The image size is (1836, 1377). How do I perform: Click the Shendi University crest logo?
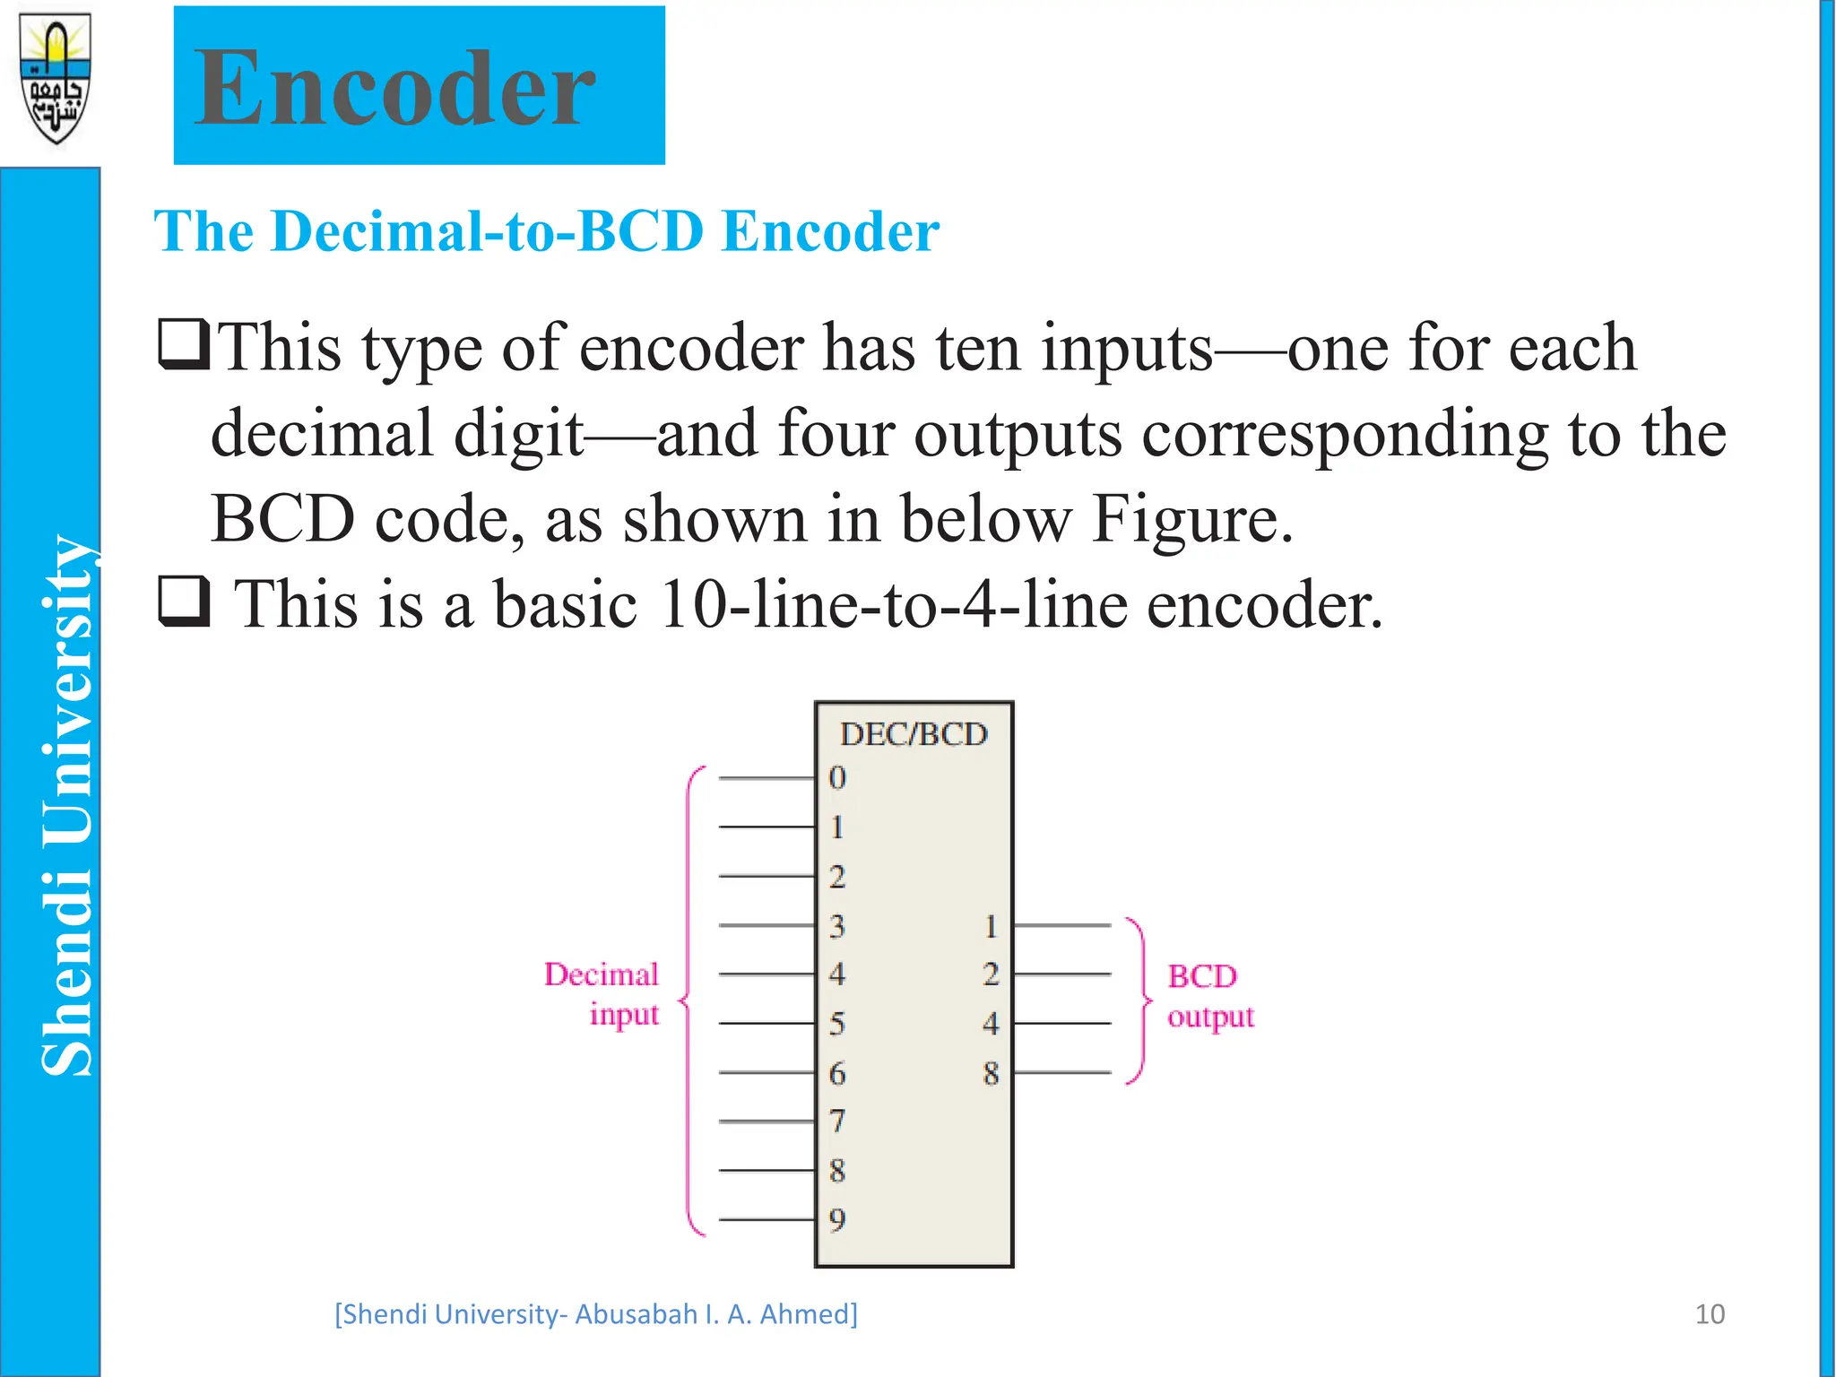[x=56, y=78]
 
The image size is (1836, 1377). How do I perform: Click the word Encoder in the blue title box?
[x=394, y=88]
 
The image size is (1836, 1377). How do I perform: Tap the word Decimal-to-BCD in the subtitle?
[x=488, y=231]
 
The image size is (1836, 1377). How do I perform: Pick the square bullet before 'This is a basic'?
[x=184, y=602]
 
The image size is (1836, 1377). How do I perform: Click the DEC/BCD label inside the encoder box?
[x=914, y=734]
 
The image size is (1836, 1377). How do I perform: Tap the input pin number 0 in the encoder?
[x=837, y=777]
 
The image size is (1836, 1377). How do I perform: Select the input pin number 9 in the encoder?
[x=837, y=1219]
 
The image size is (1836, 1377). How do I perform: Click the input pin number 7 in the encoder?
[x=837, y=1121]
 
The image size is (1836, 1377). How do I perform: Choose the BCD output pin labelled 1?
[x=991, y=926]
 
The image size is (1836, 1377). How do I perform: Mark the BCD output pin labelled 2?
[x=991, y=974]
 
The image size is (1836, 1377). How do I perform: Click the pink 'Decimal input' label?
[x=602, y=994]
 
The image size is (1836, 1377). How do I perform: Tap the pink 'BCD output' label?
[x=1209, y=996]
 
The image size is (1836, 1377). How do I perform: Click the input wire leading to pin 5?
[x=766, y=1023]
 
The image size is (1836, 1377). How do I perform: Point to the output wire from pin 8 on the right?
[x=1062, y=1072]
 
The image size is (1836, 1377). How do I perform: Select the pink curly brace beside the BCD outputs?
[x=1139, y=1000]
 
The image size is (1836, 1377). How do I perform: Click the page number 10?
[x=1710, y=1314]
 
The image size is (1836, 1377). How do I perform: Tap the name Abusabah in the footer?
[x=636, y=1314]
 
